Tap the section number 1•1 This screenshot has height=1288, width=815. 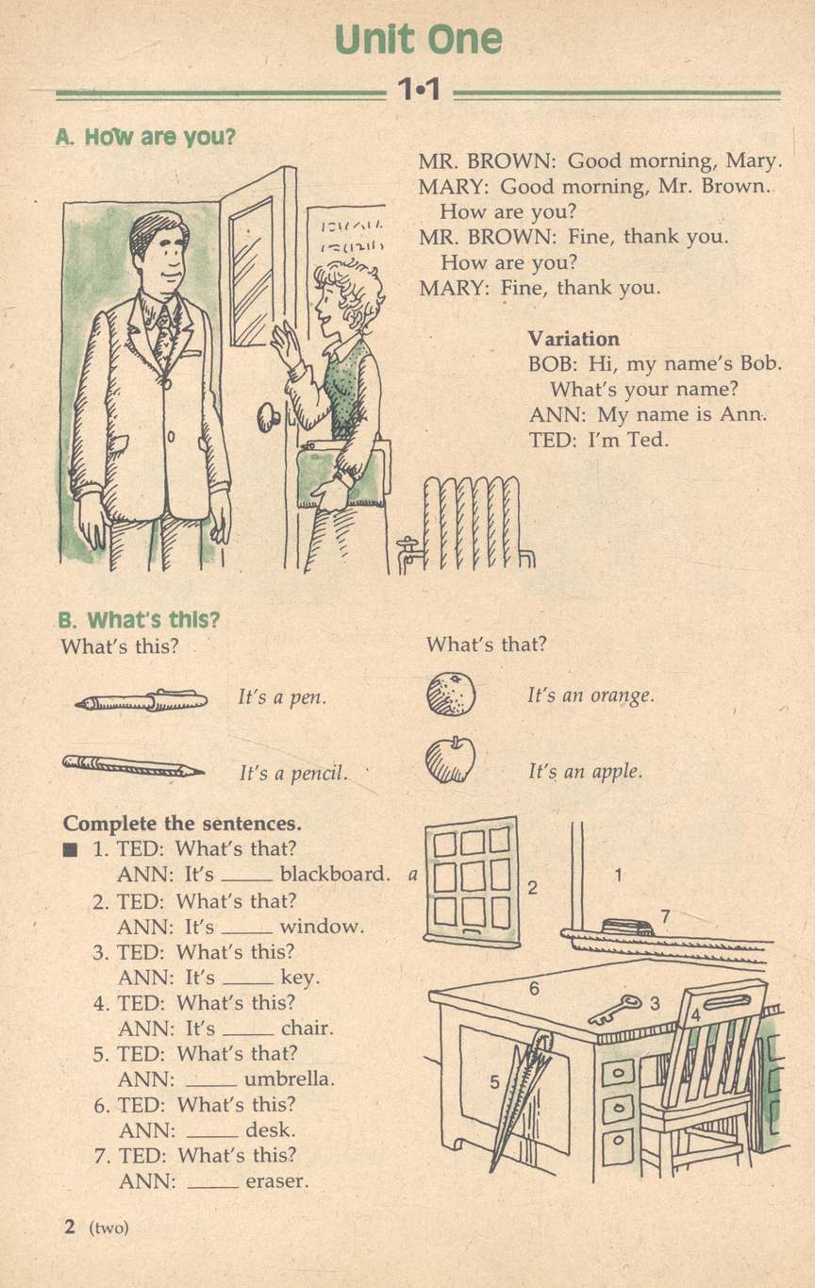(x=419, y=90)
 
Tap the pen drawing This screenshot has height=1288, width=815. (x=141, y=700)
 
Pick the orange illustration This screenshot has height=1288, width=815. (x=451, y=694)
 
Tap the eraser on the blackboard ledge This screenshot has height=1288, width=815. (x=627, y=927)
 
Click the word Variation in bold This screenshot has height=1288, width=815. (x=574, y=339)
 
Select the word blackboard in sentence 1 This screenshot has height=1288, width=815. (x=335, y=874)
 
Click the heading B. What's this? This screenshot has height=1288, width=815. (x=139, y=620)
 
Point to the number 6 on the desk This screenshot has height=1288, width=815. (x=535, y=989)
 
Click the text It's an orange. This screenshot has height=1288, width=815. (x=590, y=695)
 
